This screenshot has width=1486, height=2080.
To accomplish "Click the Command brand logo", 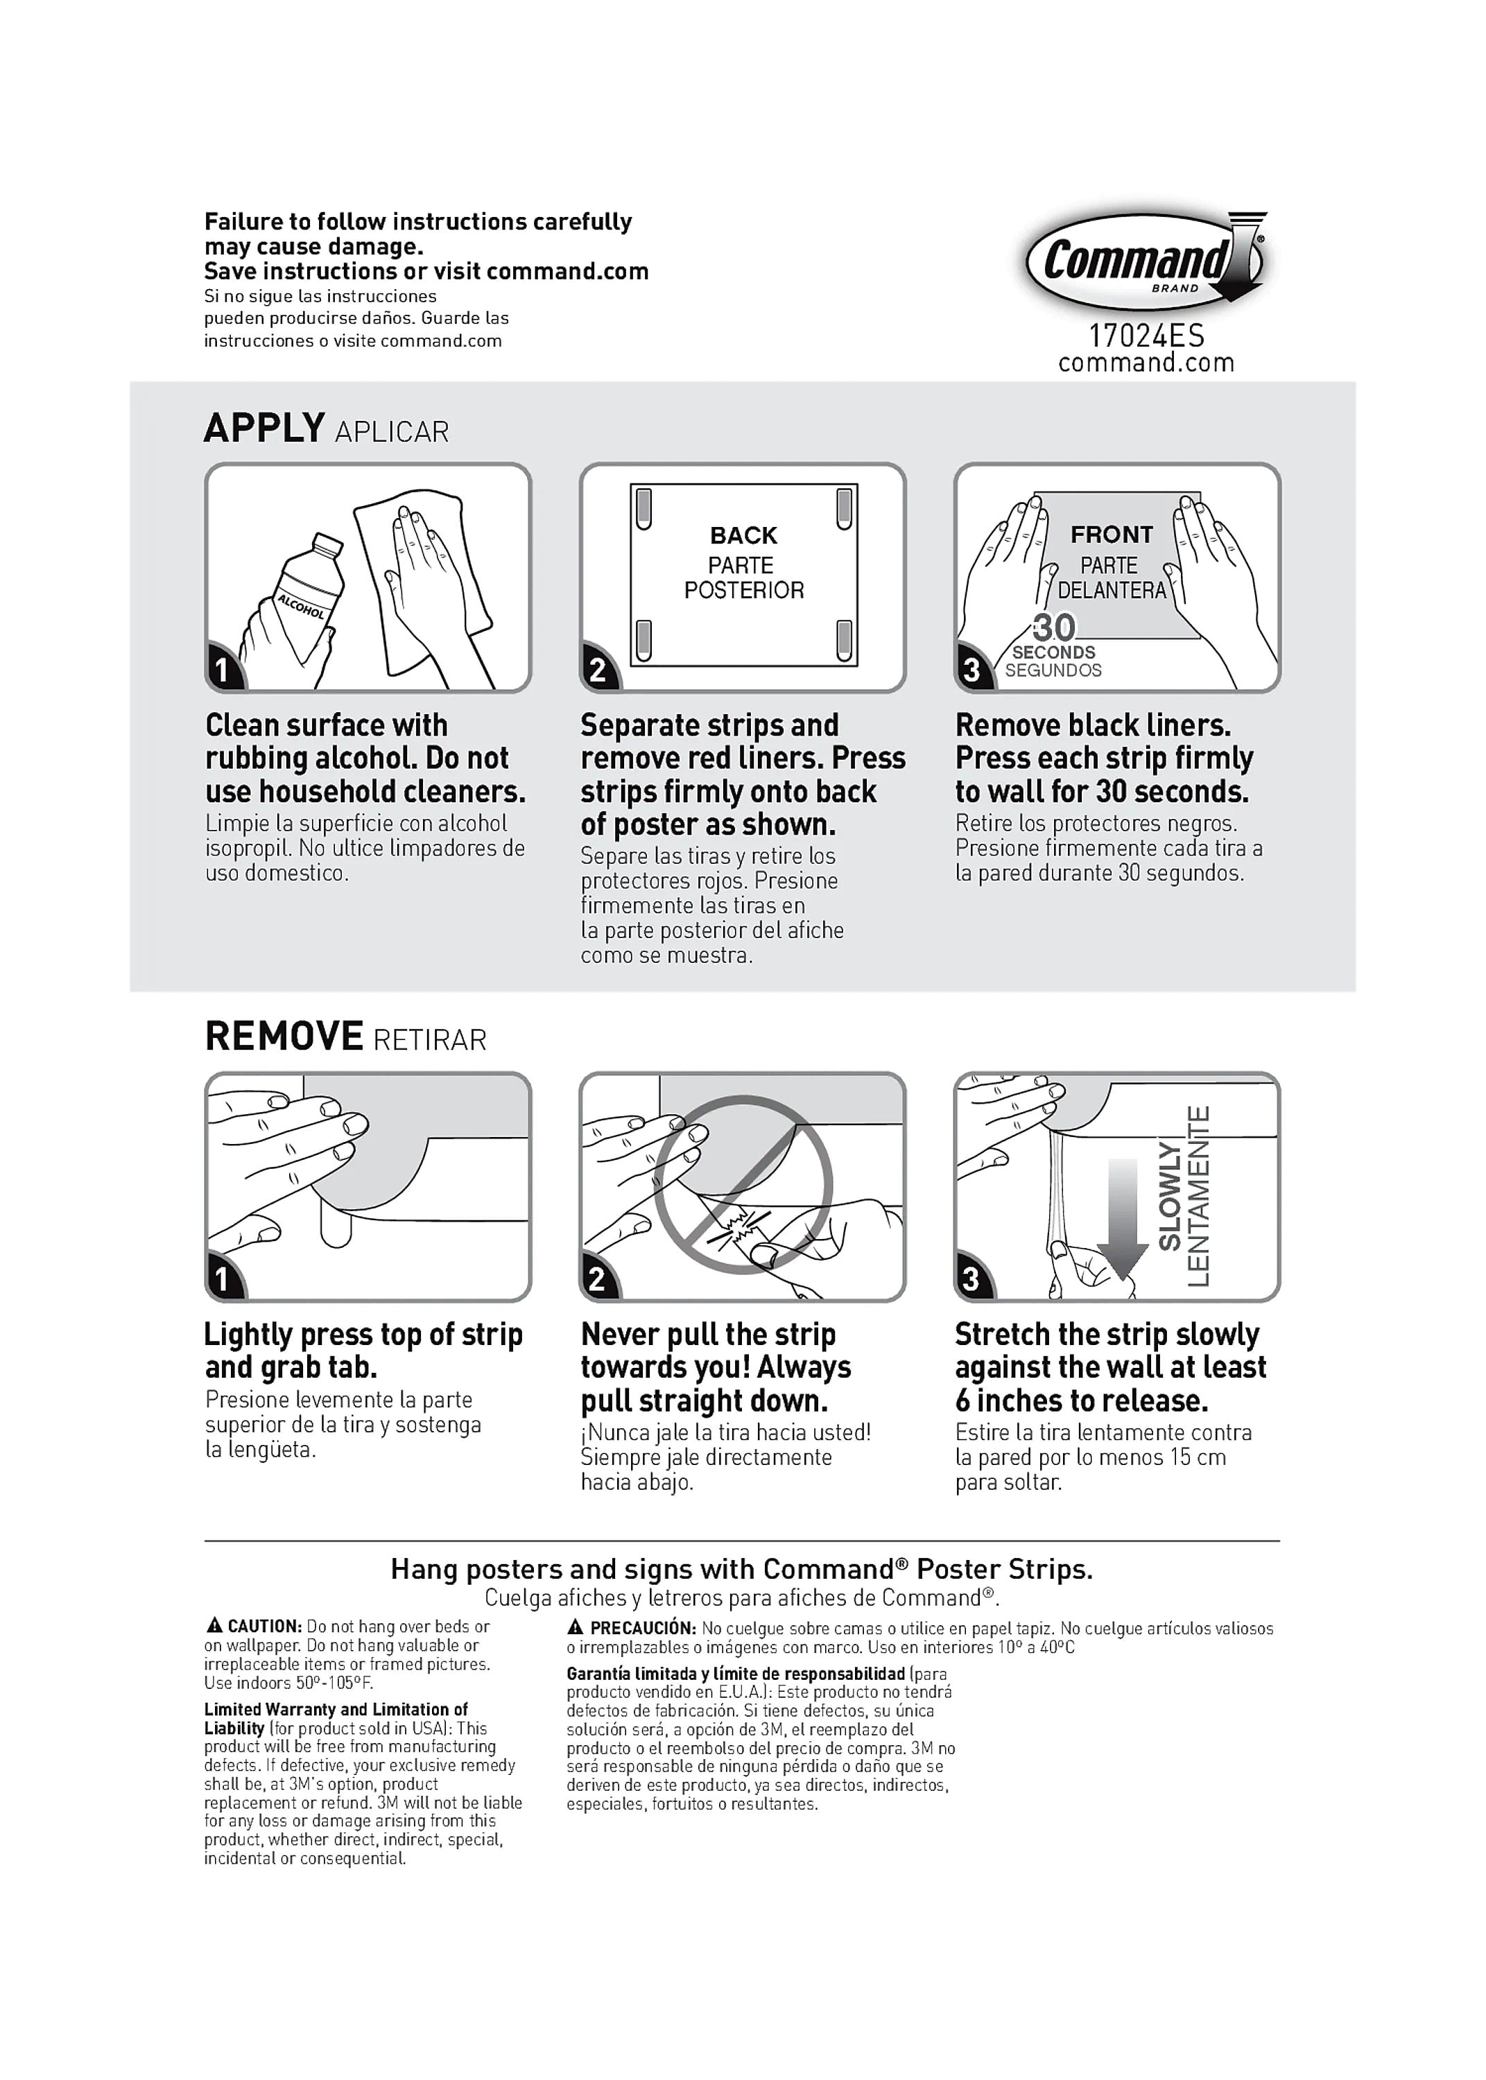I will pos(1143,261).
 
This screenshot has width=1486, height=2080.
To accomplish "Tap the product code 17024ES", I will pos(1146,336).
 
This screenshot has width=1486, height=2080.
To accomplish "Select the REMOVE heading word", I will pos(284,1037).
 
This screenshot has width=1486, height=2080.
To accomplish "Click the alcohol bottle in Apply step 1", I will pos(302,599).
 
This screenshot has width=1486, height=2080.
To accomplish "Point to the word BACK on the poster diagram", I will pos(743,535).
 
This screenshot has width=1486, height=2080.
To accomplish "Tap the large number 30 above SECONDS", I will pos(1053,627).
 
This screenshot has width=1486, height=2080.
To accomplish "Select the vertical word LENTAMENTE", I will pos(1199,1195).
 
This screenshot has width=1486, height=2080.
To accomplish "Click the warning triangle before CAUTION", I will pos(214,1625).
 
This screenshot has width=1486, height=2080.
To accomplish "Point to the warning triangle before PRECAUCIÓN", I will pos(576,1627).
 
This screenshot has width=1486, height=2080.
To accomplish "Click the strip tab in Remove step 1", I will pos(336,1229).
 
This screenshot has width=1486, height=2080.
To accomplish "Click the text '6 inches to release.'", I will pos(1082,1401).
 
